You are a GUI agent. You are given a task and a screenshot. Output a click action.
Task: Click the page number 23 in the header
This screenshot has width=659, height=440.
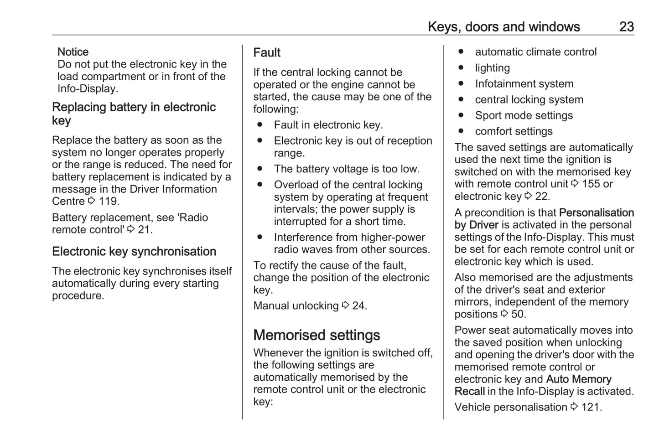[626, 27]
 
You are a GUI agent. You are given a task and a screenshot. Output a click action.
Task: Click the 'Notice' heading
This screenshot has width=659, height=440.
[73, 52]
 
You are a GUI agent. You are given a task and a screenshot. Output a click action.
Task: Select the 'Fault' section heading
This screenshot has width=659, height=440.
[267, 53]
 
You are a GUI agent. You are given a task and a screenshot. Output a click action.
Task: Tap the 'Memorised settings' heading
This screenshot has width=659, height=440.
[317, 335]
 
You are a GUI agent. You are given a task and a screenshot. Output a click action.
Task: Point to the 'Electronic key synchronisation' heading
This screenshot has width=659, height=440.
[134, 252]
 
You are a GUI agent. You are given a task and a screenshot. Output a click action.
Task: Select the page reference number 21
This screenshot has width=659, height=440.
[145, 230]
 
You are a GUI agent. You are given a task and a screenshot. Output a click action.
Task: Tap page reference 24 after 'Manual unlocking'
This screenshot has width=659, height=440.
[359, 306]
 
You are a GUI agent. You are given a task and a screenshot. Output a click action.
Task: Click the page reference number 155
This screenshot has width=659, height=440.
[591, 184]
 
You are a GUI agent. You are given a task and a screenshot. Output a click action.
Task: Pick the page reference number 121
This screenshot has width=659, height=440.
[591, 407]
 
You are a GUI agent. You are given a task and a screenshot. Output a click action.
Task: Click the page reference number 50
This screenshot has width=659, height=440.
[518, 314]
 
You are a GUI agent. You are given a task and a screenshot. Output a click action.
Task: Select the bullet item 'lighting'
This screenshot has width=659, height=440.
[493, 68]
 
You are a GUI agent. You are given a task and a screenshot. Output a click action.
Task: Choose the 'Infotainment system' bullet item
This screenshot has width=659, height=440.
[524, 84]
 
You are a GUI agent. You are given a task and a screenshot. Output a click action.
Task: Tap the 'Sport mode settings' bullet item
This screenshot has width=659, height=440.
[524, 116]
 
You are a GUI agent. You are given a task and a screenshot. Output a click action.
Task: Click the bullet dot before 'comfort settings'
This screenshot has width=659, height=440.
[461, 131]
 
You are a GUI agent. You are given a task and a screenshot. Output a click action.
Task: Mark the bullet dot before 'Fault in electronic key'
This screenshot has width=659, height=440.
[260, 125]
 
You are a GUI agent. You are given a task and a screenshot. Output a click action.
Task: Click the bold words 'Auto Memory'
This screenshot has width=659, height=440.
[578, 379]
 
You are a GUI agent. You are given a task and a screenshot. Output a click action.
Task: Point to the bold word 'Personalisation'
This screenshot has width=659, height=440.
[596, 213]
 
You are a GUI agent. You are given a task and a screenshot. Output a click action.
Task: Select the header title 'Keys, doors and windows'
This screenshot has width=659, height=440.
[503, 27]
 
